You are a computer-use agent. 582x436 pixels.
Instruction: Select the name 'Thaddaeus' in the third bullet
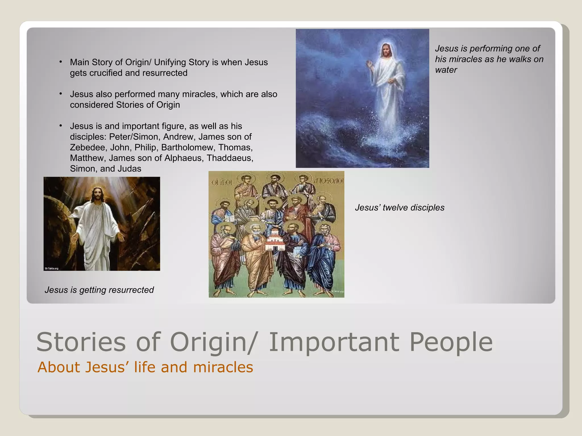point(230,158)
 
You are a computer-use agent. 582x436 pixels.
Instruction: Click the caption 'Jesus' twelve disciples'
point(400,208)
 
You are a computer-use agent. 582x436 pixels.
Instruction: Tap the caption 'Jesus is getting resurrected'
point(99,290)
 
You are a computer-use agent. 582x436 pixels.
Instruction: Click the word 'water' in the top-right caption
point(446,70)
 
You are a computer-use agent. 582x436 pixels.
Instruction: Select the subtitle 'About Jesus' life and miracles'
point(145,367)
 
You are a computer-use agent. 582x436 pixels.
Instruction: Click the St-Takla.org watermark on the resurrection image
point(52,268)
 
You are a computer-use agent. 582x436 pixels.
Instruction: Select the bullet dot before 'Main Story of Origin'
point(61,62)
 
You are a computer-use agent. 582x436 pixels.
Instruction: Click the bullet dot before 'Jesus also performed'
point(61,94)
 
